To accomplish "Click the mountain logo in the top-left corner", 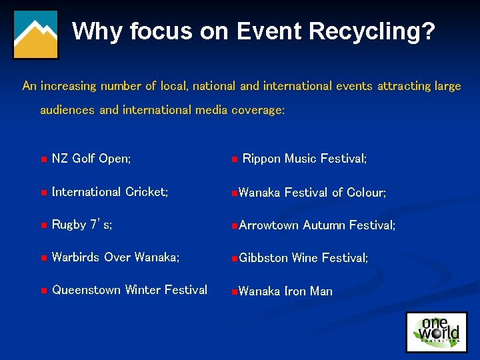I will (36, 35).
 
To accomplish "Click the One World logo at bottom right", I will (436, 331).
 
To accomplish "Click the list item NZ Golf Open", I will (91, 159).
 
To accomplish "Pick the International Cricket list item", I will (110, 192).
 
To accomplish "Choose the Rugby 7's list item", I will (82, 225).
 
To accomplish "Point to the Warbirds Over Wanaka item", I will (115, 257).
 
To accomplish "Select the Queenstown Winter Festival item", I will (129, 290).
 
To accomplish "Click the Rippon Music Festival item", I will (305, 159).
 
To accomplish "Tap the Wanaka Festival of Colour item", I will (312, 193).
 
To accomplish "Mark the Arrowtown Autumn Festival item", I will (317, 225).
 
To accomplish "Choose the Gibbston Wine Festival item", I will (303, 258).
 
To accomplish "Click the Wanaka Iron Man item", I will (285, 291).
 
